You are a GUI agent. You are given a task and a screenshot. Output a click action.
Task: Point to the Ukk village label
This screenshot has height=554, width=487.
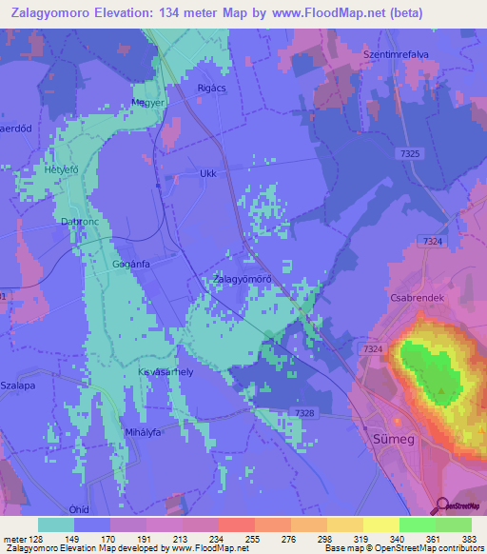208,173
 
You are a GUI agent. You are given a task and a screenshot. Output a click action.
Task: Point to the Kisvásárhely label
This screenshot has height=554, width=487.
166,372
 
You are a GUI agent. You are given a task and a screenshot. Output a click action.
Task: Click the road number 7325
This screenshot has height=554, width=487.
410,153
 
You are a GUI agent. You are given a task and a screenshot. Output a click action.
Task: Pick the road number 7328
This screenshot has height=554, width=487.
304,411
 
